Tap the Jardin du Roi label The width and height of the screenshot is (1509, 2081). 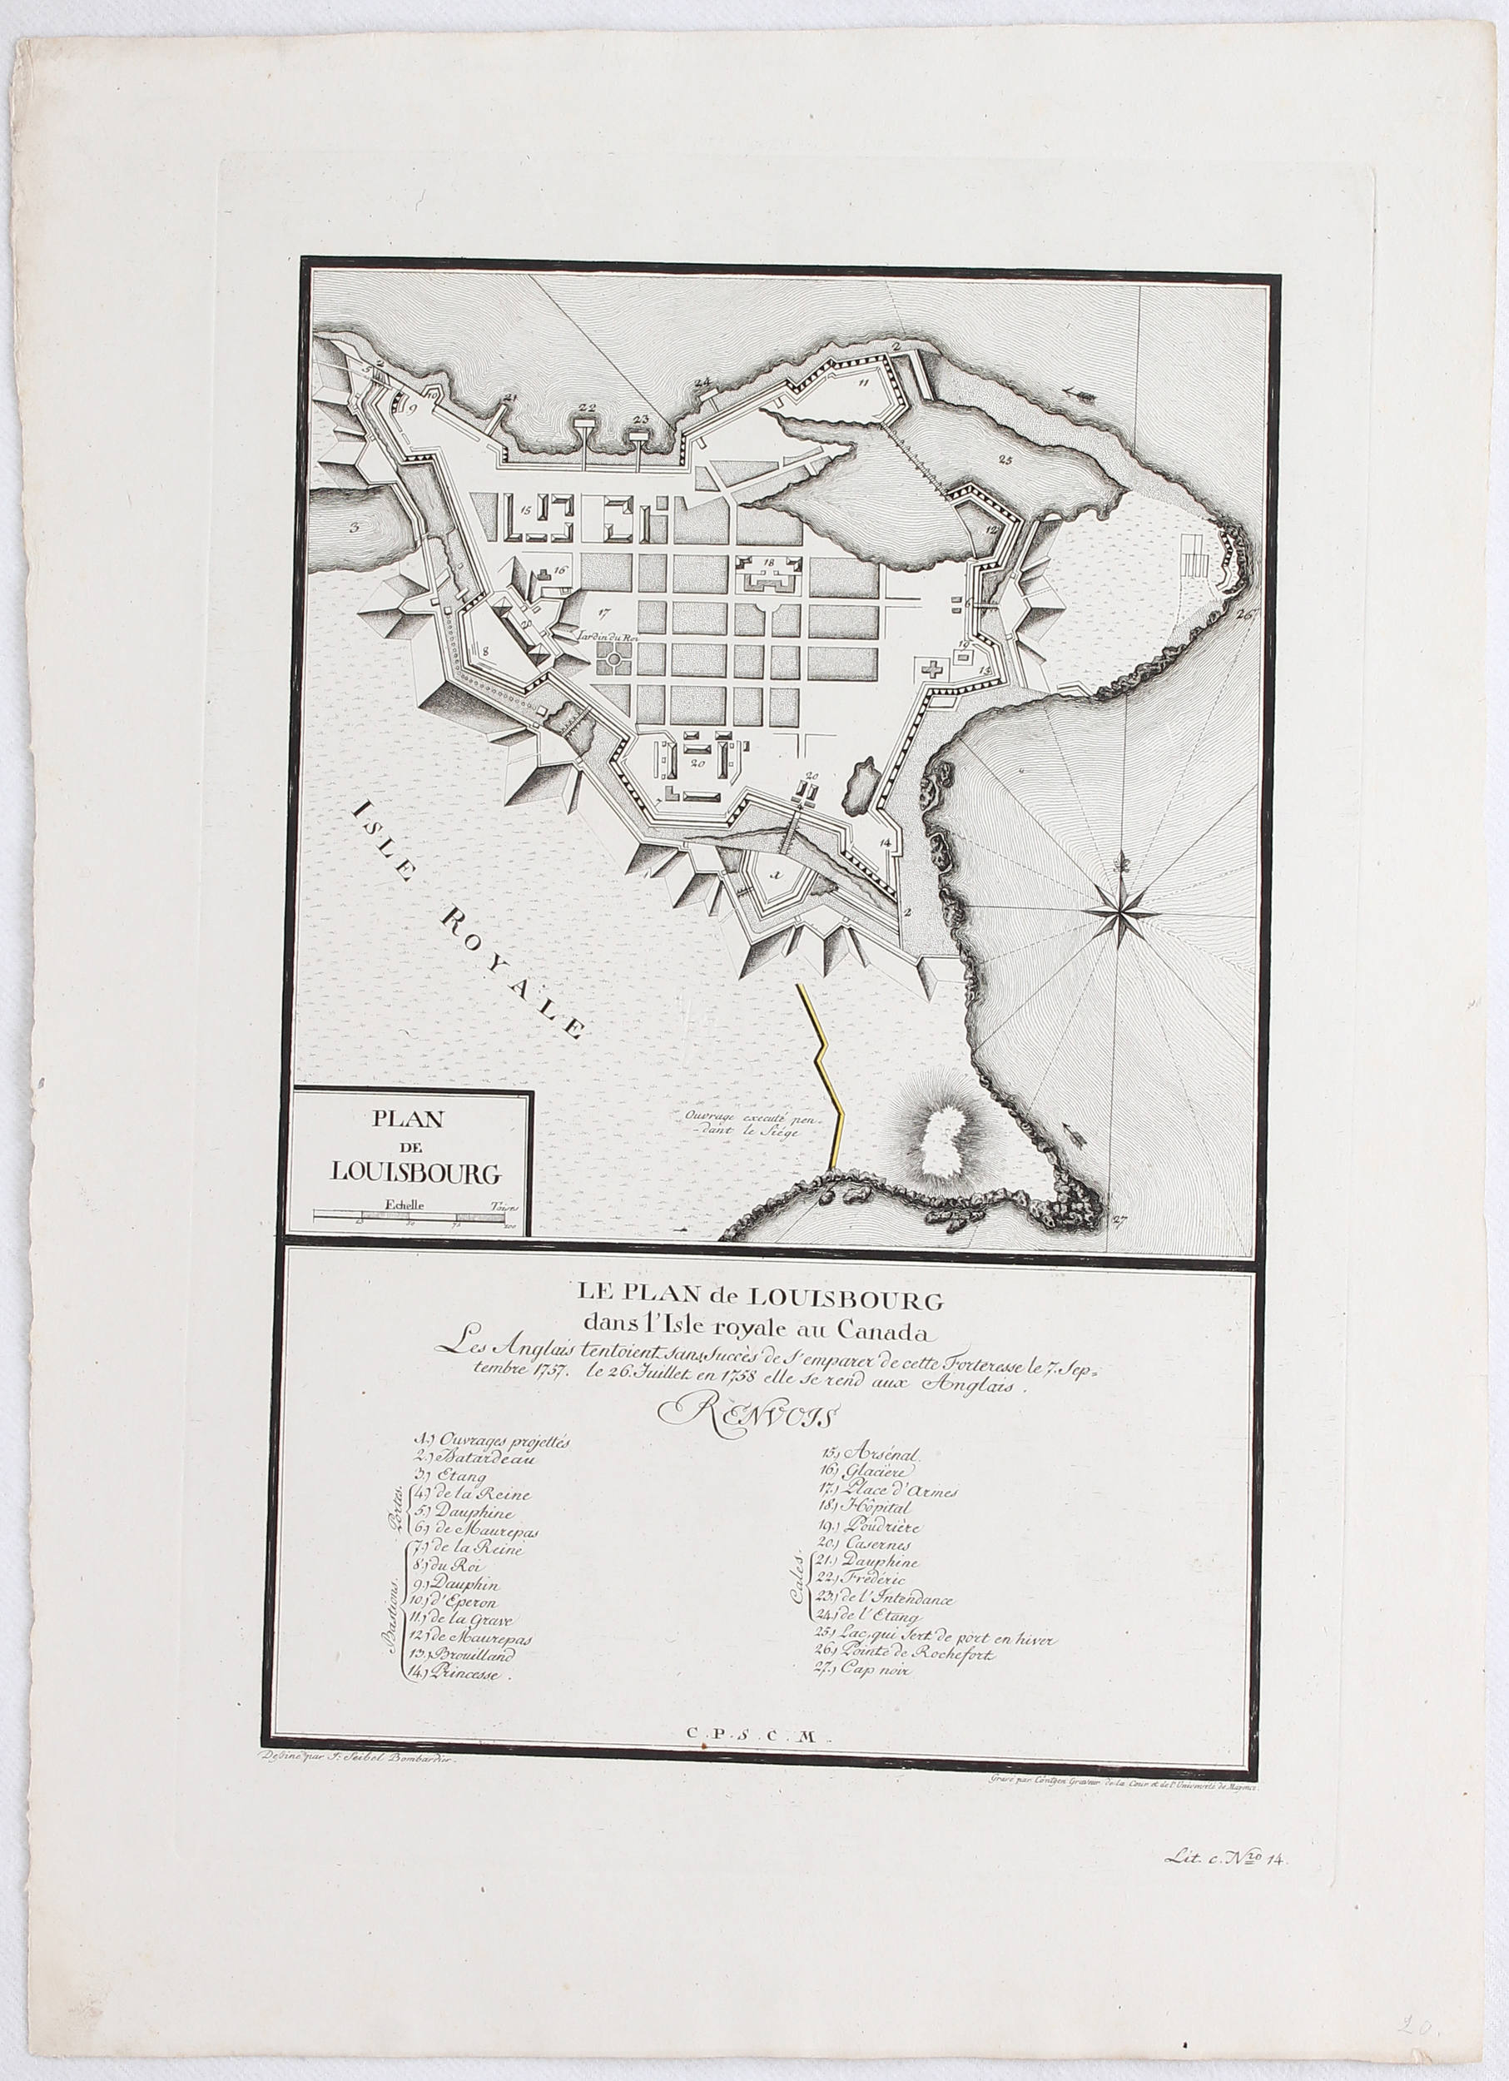click(599, 632)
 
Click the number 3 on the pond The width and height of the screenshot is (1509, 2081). click(351, 528)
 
